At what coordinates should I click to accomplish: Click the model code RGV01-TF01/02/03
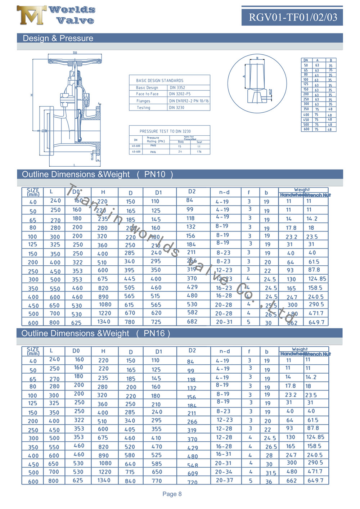point(293,17)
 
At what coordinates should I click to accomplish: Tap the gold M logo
point(31,15)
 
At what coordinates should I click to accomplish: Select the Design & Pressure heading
point(58,38)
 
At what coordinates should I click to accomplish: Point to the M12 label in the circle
point(270,92)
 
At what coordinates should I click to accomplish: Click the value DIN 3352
point(177,87)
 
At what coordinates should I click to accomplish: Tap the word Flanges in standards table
point(143,101)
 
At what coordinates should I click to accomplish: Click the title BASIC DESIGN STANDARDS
point(159,81)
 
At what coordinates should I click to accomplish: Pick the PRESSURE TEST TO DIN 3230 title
point(165,131)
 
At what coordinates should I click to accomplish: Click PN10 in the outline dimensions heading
point(155,175)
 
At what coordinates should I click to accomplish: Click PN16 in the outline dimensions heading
point(154,333)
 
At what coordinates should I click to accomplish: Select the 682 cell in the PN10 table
point(192,321)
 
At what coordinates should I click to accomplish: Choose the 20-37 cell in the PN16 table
point(224,480)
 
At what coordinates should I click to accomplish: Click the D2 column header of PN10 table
point(192,192)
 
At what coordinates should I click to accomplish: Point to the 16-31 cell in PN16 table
point(224,454)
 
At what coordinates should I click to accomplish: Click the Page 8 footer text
point(172,494)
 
